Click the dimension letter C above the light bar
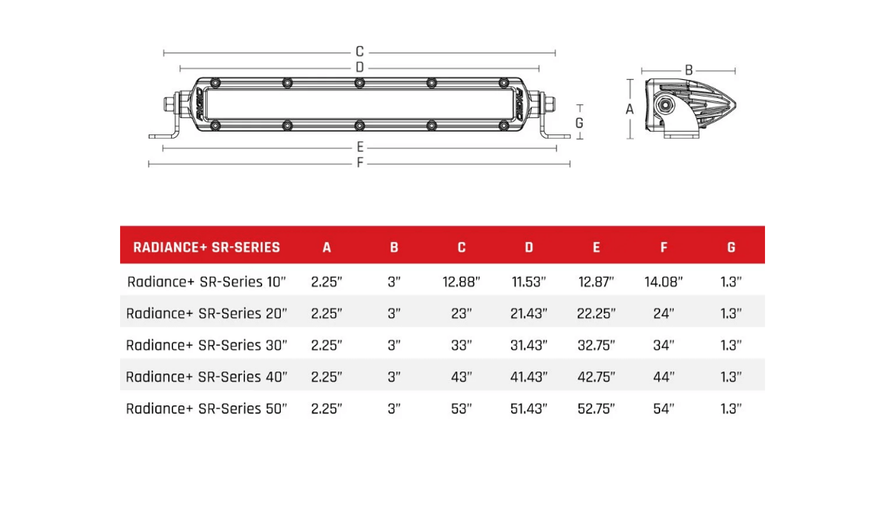tap(359, 52)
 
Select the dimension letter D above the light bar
tap(359, 68)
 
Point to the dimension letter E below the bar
tap(360, 147)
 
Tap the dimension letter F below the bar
tap(360, 163)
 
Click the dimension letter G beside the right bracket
tap(579, 123)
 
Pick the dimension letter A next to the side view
tap(629, 109)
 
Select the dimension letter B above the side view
tap(688, 70)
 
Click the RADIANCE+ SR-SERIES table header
tap(206, 247)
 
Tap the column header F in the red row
tap(664, 247)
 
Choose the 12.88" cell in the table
tap(461, 282)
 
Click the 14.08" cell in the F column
tap(664, 282)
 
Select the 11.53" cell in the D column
tap(528, 282)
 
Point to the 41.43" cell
tap(528, 377)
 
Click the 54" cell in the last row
tap(664, 409)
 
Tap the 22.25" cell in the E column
tap(596, 314)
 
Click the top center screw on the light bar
tap(359, 83)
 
